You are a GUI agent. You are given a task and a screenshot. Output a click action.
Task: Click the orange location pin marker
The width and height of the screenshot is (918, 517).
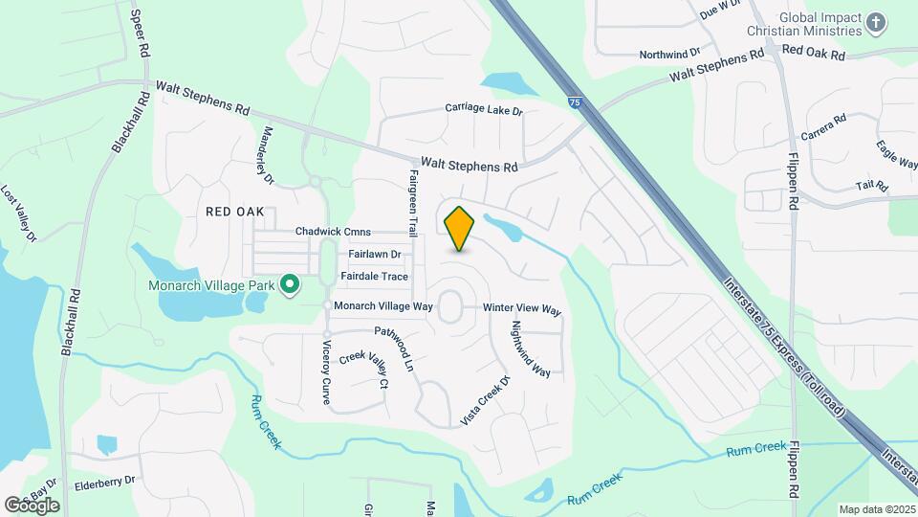460,228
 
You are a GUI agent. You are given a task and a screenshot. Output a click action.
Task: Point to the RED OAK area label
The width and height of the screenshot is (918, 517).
234,211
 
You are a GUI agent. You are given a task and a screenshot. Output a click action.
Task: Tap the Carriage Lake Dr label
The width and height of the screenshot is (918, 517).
484,109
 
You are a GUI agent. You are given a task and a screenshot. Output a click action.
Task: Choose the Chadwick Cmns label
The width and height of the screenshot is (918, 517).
333,232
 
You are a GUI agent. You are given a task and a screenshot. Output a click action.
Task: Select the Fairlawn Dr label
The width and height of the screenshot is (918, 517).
375,255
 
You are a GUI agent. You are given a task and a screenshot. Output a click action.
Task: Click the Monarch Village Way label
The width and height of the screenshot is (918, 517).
382,305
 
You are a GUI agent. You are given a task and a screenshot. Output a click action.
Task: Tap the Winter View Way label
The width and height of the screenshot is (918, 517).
521,309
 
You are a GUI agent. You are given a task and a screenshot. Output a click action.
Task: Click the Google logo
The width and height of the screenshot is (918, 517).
32,505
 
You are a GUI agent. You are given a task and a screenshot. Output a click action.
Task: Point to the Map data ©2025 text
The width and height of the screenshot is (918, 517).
877,509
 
